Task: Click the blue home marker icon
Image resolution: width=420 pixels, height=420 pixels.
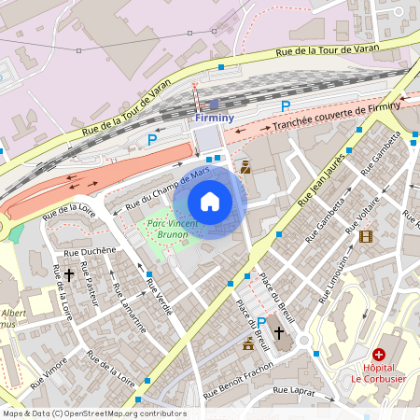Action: (x=210, y=202)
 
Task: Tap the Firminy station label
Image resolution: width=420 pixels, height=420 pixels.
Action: (x=215, y=119)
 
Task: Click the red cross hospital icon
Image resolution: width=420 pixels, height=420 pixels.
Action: (x=379, y=354)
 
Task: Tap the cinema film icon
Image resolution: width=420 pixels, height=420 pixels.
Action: (x=365, y=236)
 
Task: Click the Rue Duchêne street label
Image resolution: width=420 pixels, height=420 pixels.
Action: (x=90, y=251)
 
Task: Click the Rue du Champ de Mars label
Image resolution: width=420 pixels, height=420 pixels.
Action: (x=166, y=186)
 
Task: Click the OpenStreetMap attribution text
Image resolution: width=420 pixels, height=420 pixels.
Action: (x=81, y=413)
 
